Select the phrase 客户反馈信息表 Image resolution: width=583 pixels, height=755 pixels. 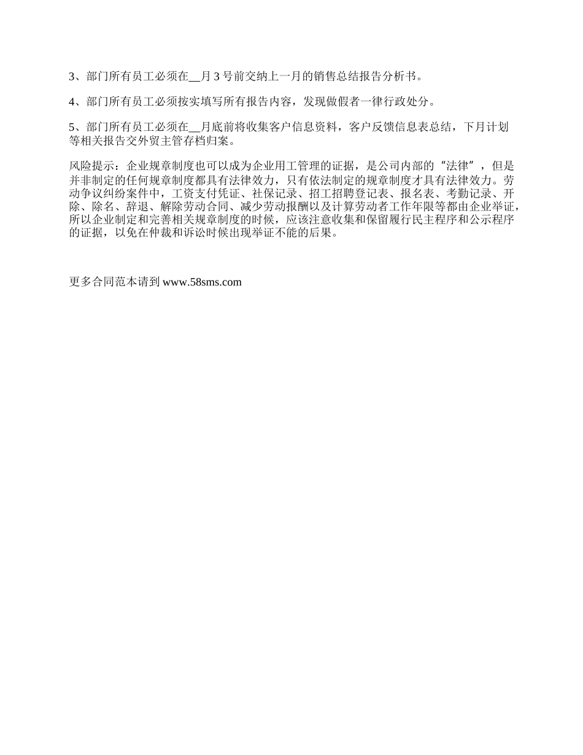(x=385, y=127)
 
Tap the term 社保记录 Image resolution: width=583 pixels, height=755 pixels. (x=274, y=193)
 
